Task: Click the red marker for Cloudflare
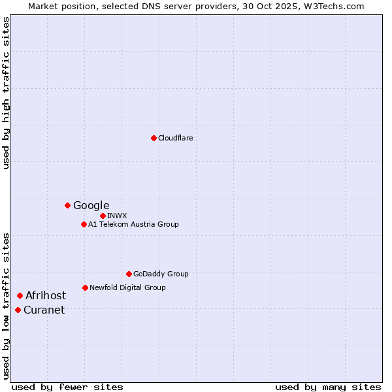[x=154, y=138]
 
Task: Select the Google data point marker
[x=67, y=205]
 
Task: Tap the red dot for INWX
[x=103, y=216]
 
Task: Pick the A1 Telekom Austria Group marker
[x=84, y=224]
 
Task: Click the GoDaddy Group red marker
[x=129, y=274]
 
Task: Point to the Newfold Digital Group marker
[x=85, y=287]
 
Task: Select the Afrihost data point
[x=20, y=295]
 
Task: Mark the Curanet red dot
[x=18, y=310]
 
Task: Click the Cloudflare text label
[x=175, y=138]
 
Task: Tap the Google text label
[x=91, y=205]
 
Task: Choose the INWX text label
[x=117, y=216]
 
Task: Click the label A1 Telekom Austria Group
[x=133, y=224]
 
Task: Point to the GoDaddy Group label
[x=161, y=274]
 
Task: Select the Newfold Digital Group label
[x=127, y=287]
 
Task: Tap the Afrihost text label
[x=46, y=295]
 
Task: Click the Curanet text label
[x=44, y=310]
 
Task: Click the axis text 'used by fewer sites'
[x=67, y=387]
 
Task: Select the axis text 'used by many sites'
[x=328, y=387]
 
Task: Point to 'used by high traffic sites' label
[x=6, y=93]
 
